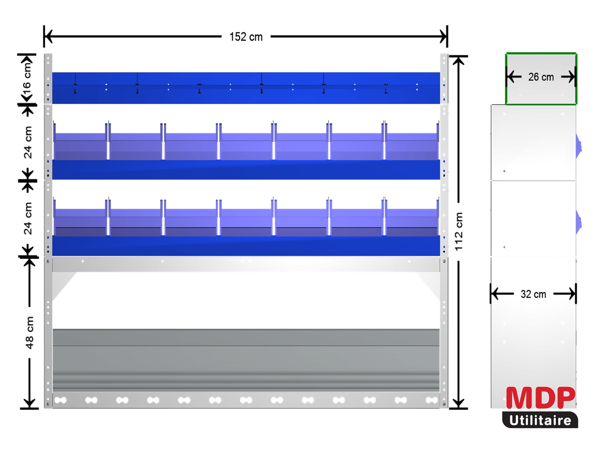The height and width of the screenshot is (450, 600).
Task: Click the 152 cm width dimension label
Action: (x=246, y=37)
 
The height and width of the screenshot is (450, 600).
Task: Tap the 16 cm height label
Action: (x=27, y=78)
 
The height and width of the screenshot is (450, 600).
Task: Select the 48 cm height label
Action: (x=30, y=333)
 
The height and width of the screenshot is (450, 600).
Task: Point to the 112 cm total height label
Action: (x=458, y=231)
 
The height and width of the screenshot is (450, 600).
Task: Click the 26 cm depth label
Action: (x=541, y=77)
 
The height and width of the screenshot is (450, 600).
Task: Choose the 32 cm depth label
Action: (x=533, y=294)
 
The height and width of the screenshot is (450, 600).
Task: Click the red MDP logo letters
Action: (x=541, y=397)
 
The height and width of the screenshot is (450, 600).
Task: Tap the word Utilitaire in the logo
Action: (x=540, y=420)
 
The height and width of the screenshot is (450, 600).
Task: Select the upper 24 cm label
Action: (x=28, y=142)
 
